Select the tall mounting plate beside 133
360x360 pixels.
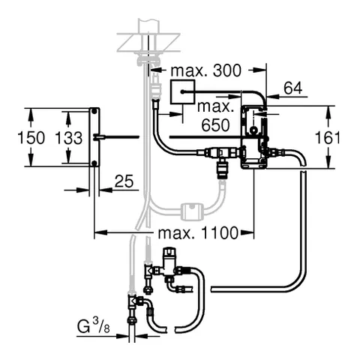(x=95, y=137)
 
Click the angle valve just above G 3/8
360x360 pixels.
(x=138, y=302)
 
